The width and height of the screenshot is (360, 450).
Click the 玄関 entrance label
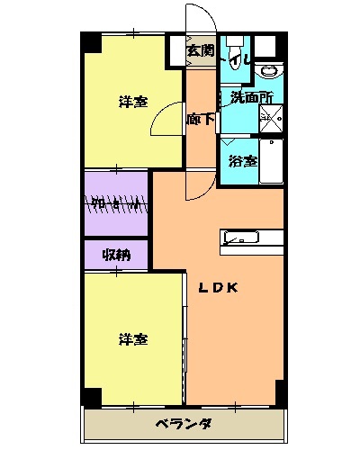[201, 51]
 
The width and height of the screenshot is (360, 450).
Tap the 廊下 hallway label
[200, 119]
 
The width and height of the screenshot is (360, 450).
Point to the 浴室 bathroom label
[242, 162]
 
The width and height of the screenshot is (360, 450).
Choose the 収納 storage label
[116, 255]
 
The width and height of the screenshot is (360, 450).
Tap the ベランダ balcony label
[183, 423]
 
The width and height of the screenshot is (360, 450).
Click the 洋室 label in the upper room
[134, 102]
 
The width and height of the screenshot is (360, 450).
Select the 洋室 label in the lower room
[134, 339]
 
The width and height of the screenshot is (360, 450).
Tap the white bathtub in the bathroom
[271, 162]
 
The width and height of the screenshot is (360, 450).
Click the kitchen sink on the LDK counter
[240, 238]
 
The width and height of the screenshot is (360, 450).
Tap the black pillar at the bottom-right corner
[281, 392]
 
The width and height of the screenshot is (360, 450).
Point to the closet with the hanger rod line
[115, 203]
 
